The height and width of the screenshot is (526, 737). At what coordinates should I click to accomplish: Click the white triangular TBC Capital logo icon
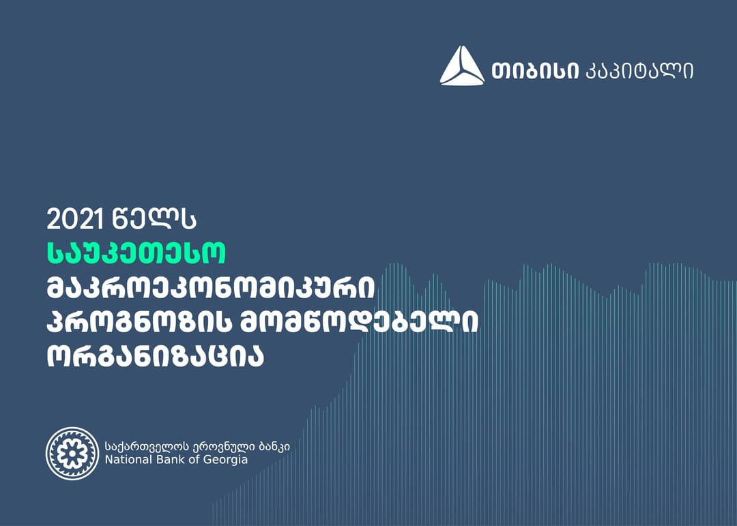(462, 67)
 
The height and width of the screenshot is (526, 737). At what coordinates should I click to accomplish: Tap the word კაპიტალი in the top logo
(639, 70)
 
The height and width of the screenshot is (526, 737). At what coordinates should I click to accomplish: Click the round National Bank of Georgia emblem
(72, 453)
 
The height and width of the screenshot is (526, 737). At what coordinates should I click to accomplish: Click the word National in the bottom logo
(126, 460)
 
